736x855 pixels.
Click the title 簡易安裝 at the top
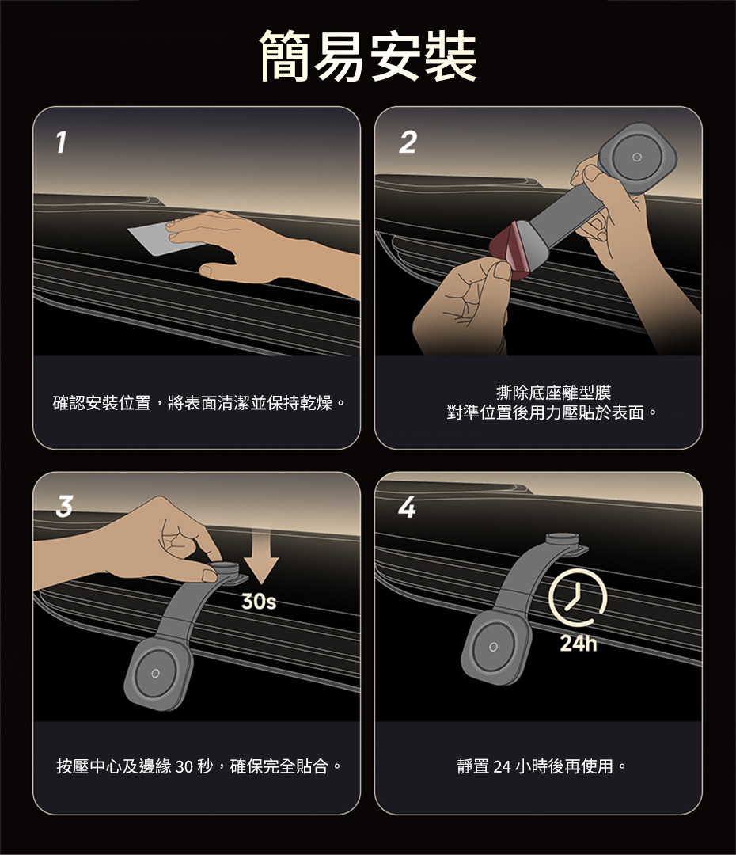tap(368, 56)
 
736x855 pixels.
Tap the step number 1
tap(62, 142)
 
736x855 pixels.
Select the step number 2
tap(408, 142)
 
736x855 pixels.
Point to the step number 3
tap(64, 506)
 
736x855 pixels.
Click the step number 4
tap(407, 507)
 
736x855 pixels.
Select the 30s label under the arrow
tap(259, 602)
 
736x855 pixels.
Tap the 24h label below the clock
tap(579, 644)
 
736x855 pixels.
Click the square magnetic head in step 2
tap(637, 158)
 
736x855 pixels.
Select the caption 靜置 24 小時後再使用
tap(542, 766)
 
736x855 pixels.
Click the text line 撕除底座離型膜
tap(553, 392)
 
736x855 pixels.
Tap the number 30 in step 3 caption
tap(184, 766)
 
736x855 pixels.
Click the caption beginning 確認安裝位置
tap(199, 403)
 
